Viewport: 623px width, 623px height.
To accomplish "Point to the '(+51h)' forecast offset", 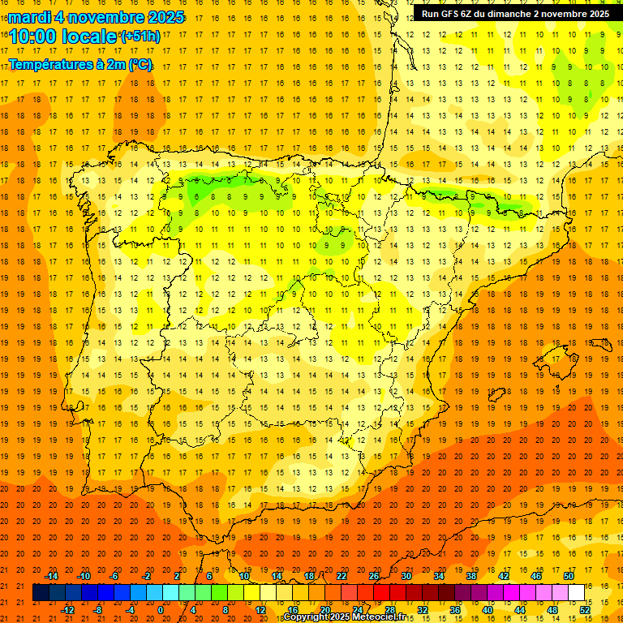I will click(140, 36).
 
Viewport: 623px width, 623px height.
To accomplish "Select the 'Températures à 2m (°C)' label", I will click(80, 64).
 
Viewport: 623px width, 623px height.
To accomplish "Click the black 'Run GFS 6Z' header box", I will click(516, 13).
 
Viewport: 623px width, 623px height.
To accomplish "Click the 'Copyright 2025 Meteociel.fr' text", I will click(345, 617).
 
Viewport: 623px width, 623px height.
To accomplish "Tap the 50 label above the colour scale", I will click(569, 576).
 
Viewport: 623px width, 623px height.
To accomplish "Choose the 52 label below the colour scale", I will click(585, 609).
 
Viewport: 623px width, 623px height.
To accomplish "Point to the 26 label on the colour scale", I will click(374, 576).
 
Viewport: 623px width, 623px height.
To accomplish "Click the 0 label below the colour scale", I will click(161, 609).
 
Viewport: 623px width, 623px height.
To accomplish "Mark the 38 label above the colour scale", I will click(471, 576).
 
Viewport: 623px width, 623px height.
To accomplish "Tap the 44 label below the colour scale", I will click(520, 609).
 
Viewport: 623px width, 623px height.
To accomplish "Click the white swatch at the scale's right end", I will click(576, 593).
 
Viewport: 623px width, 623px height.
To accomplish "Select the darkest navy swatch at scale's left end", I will click(41, 593).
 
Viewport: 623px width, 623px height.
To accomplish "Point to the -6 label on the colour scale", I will click(115, 576).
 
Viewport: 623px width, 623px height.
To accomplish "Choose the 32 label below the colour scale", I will click(423, 609).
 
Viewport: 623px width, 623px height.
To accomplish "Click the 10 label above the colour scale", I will click(244, 576).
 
